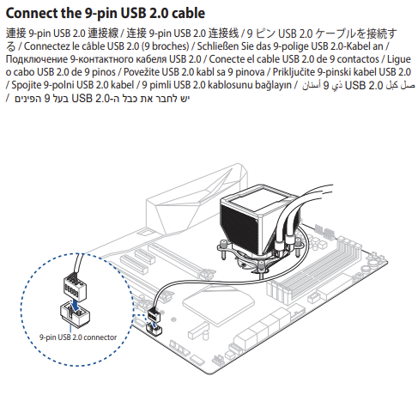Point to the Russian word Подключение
coord(36,59)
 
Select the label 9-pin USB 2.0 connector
coord(78,337)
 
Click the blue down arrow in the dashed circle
coord(75,305)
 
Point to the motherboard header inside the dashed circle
coord(75,313)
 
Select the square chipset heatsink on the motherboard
coord(218,301)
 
